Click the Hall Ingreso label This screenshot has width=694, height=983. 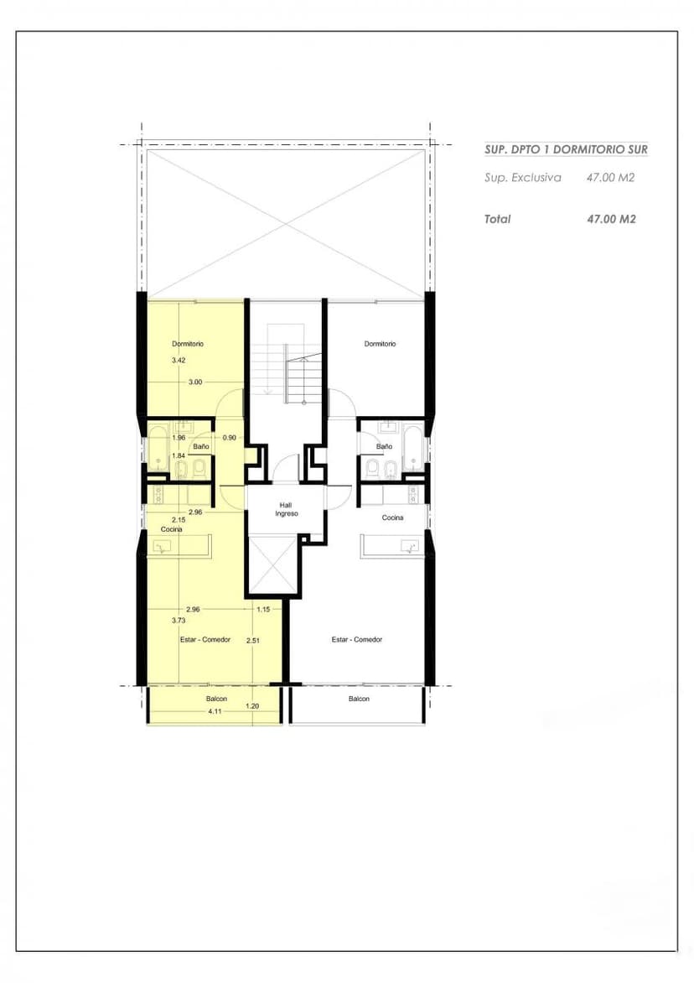pos(287,509)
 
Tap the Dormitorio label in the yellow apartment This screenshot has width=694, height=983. pos(188,344)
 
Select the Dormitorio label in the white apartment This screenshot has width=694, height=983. pos(381,344)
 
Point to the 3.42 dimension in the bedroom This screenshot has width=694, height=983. pos(179,361)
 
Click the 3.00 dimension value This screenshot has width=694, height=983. pos(195,382)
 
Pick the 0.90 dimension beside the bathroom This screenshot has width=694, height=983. pos(230,438)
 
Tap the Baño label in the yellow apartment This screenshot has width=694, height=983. pos(201,446)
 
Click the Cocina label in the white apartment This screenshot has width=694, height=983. pos(393,518)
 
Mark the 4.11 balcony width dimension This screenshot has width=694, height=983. pos(215,711)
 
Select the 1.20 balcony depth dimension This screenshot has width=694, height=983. pos(252,706)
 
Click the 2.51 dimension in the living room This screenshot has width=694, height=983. pos(253,640)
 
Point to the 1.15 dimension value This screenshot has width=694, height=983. pos(263,610)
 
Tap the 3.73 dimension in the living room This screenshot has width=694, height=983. pos(179,621)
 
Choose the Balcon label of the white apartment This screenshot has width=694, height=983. pos(360,699)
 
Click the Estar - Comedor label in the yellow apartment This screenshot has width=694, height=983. pos(205,639)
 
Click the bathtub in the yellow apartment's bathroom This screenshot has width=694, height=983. pos(158,448)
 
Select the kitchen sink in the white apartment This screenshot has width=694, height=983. pos(410,547)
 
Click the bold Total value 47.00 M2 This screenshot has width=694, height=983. pos(611,219)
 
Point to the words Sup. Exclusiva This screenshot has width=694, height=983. pos(523,178)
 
